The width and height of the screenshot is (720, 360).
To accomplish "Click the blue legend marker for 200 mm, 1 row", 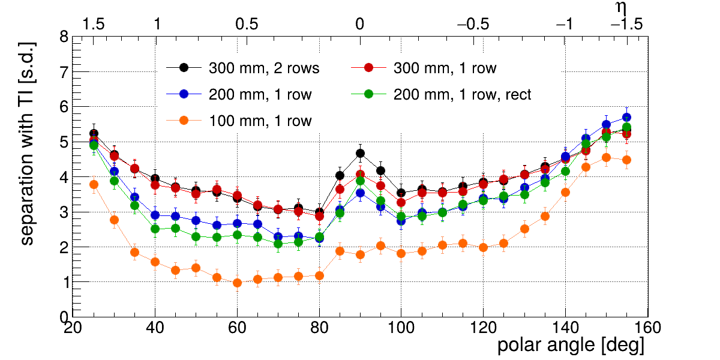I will point(184,94).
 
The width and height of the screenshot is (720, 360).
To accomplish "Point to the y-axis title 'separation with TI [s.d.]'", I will point(28,144).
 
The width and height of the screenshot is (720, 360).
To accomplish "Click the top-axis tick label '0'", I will point(360,25).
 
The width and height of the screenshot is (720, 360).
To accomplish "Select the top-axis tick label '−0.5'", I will point(473,25).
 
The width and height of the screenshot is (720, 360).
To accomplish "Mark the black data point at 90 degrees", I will point(360,154).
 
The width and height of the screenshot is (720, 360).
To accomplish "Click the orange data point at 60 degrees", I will point(237,283).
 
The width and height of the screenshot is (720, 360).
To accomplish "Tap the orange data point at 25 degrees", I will point(94,185).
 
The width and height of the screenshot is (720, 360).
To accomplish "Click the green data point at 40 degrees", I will point(155,229).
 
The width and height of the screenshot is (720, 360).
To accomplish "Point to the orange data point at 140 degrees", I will point(565,193).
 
